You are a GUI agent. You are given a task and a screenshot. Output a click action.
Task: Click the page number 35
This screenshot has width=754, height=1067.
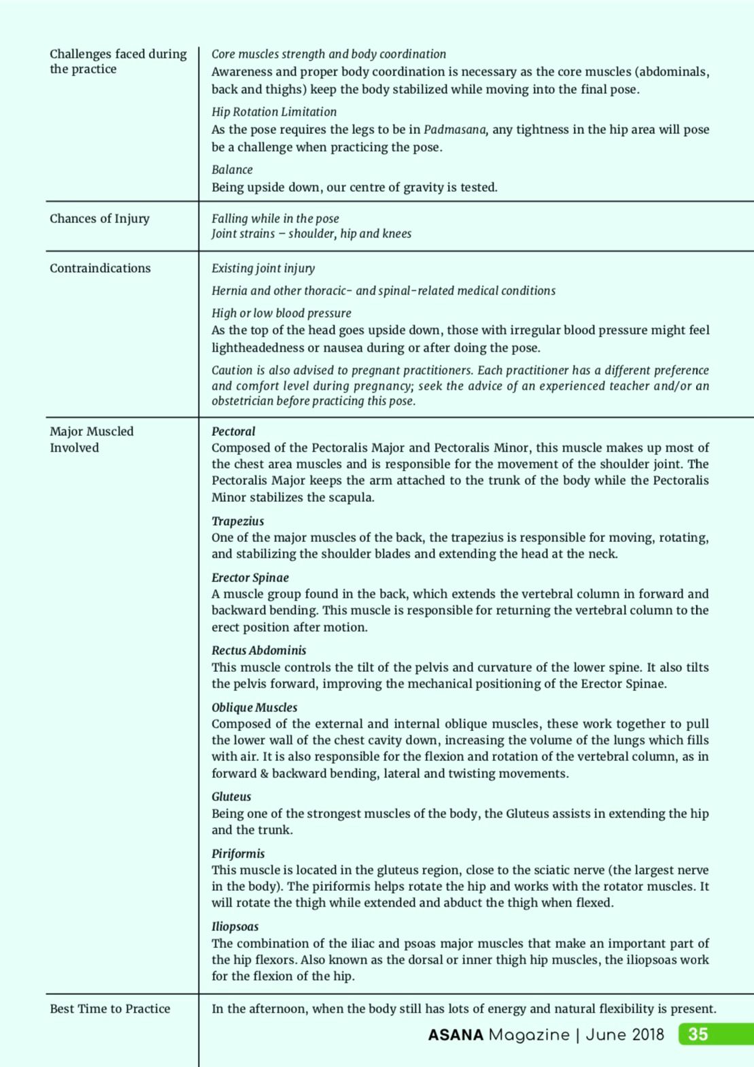698,1034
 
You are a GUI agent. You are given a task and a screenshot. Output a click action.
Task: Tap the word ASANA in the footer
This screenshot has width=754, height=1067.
456,1035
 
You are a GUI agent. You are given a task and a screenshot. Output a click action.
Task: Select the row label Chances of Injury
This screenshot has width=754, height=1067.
99,218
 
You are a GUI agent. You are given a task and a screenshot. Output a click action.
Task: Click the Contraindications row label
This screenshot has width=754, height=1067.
100,268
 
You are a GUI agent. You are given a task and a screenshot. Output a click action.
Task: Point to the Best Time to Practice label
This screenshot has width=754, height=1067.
109,1009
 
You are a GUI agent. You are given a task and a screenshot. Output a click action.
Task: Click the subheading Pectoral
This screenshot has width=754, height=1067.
233,431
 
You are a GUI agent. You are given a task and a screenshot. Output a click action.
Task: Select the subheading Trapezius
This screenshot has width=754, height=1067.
237,521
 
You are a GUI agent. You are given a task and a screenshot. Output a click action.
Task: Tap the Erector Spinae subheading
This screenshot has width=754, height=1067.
250,577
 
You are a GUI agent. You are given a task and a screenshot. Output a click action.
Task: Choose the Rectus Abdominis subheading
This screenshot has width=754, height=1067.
258,650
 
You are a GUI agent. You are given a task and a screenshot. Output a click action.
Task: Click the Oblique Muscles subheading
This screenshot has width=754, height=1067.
254,707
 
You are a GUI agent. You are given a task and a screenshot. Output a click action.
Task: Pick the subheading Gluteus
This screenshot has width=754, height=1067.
231,796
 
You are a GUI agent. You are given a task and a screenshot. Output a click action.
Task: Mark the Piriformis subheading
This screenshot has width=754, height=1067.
238,853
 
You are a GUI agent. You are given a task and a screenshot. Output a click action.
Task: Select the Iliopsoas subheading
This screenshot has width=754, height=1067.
235,926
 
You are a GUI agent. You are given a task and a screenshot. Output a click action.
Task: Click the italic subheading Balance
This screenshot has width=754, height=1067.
232,169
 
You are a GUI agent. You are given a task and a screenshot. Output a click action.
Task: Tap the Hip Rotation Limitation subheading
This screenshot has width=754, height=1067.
274,112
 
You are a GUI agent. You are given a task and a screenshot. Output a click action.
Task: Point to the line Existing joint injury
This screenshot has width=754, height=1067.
263,268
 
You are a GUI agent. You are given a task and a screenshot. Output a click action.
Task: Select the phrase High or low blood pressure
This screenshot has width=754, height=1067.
281,313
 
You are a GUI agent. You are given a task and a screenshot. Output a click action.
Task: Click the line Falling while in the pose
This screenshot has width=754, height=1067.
275,218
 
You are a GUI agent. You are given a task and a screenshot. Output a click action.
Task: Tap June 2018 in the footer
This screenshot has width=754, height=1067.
625,1035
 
